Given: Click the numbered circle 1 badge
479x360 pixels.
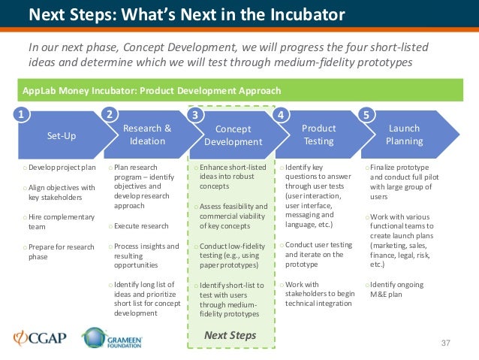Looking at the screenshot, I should (x=22, y=115).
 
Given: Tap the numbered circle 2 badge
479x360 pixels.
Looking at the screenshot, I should (x=110, y=115).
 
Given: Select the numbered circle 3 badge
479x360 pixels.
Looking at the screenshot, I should (x=196, y=116).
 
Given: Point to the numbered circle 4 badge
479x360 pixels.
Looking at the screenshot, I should (x=280, y=115).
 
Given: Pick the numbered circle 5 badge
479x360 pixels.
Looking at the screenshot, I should (x=366, y=115).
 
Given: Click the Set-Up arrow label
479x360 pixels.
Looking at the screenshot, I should (x=62, y=136).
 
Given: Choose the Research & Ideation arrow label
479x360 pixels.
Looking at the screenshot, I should (x=147, y=135).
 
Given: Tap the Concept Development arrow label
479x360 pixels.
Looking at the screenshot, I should (x=233, y=135).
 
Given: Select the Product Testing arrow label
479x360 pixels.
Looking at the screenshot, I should (x=318, y=135).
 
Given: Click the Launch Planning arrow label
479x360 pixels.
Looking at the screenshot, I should (x=404, y=135).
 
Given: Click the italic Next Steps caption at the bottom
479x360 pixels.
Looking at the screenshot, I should (x=231, y=335).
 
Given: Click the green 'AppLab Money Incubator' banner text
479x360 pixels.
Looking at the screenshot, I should (x=151, y=91).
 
